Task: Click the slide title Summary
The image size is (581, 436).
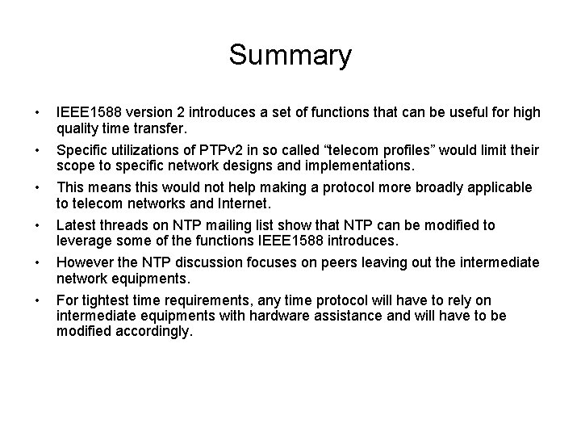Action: pyautogui.click(x=290, y=56)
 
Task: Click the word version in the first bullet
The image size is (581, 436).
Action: pyautogui.click(x=151, y=112)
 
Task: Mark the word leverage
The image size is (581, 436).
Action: pyautogui.click(x=82, y=241)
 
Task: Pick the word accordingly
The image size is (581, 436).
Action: pyautogui.click(x=157, y=331)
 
